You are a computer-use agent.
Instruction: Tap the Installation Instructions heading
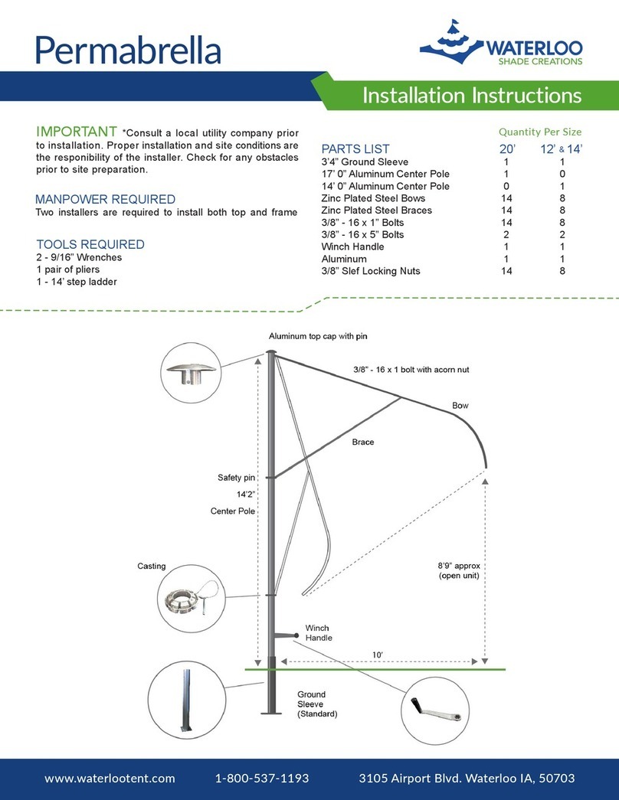pos(471,96)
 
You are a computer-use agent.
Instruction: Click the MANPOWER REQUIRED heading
pos(106,199)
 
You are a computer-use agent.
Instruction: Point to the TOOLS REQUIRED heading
pos(90,245)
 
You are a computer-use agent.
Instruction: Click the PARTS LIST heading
pos(355,149)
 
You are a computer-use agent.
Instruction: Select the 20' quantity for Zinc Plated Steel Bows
pos(506,198)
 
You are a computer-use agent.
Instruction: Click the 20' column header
pos(506,149)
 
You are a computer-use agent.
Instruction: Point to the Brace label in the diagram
pos(362,442)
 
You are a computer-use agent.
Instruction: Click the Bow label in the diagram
pos(460,405)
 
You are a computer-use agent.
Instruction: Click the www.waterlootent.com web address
pos(110,779)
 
